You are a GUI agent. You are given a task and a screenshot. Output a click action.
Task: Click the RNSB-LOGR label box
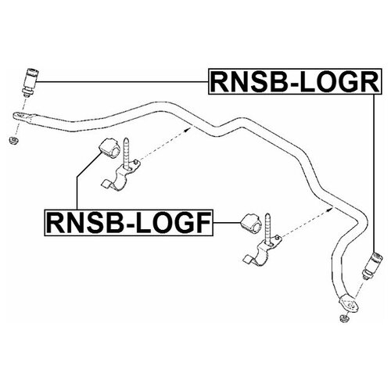tap(295, 81)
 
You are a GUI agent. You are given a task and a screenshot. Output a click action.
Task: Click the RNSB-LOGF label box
tap(129, 223)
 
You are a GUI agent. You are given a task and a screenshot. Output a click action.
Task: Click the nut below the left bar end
tap(13, 140)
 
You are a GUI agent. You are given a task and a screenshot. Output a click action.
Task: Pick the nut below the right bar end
tap(344, 318)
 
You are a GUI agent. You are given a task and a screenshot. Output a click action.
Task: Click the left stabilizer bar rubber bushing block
tap(109, 149)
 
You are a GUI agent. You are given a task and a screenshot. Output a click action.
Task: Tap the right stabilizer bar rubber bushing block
tap(250, 224)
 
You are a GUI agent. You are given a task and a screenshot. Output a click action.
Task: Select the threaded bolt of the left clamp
tap(125, 152)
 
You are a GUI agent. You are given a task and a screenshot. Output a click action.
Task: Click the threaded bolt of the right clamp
tap(267, 228)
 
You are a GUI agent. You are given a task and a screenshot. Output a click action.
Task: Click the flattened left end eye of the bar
tap(23, 117)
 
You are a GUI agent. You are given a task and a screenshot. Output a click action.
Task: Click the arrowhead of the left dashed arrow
tap(188, 129)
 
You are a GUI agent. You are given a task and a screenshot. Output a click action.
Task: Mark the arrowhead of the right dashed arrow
tap(330, 209)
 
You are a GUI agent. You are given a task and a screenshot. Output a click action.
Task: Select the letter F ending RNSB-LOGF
tap(203, 223)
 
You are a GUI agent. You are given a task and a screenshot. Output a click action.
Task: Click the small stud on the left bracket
tap(135, 163)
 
